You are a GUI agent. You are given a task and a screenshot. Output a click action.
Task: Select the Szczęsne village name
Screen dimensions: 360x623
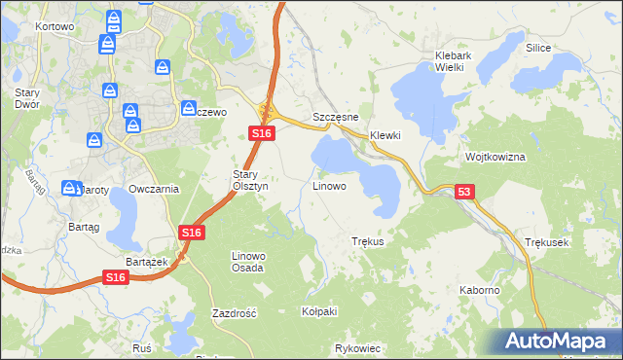click(x=336, y=117)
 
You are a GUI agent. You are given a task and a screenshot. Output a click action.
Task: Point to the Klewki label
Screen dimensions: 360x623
click(x=385, y=135)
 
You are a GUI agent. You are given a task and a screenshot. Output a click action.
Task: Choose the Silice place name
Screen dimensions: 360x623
click(x=538, y=48)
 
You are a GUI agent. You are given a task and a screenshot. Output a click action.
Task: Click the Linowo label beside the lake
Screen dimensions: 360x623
click(x=329, y=185)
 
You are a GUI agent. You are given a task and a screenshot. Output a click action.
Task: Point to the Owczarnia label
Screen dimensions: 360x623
click(x=154, y=189)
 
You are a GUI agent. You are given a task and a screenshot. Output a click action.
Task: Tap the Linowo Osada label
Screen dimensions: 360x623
click(x=247, y=262)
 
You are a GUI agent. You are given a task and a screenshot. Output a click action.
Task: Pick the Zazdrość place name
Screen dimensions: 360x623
click(x=234, y=313)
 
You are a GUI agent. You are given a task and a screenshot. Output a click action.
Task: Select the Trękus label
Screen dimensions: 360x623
click(x=368, y=241)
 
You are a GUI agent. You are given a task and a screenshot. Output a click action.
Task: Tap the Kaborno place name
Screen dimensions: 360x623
click(x=480, y=290)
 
